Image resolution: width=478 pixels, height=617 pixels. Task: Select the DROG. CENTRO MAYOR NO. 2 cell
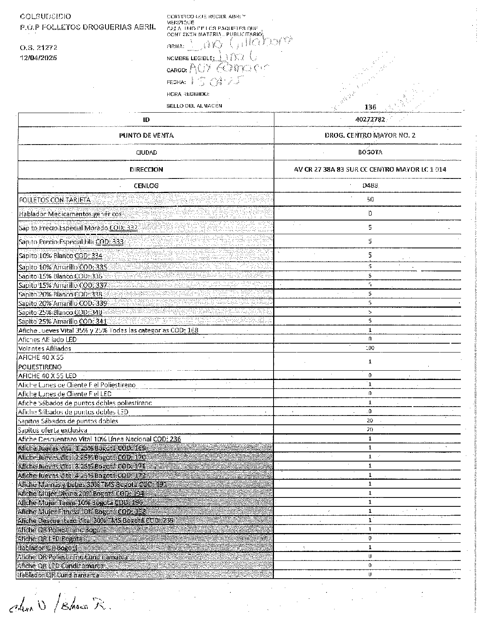pyautogui.click(x=370, y=136)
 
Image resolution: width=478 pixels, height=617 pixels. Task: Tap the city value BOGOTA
pyautogui.click(x=370, y=152)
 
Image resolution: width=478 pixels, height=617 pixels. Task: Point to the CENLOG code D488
pyautogui.click(x=370, y=185)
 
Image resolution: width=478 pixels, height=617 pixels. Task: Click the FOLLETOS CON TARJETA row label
pyautogui.click(x=55, y=200)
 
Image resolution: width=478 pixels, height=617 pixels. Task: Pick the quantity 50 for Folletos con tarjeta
pyautogui.click(x=370, y=199)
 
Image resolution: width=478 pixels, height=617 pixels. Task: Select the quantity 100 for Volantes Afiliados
pyautogui.click(x=370, y=348)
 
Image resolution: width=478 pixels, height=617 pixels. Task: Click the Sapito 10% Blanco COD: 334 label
pyautogui.click(x=60, y=256)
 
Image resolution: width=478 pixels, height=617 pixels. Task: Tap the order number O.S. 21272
pyautogui.click(x=39, y=47)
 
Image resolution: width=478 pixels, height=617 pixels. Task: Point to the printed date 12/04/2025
pyautogui.click(x=39, y=58)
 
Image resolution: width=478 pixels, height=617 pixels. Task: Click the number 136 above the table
pyautogui.click(x=370, y=107)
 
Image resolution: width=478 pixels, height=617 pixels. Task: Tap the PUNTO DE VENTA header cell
pyautogui.click(x=146, y=136)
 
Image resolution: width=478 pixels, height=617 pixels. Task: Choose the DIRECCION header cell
pyautogui.click(x=146, y=170)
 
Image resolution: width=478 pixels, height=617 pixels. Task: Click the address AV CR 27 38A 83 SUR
pyautogui.click(x=370, y=170)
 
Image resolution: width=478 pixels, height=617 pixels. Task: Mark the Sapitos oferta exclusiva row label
pyautogui.click(x=53, y=430)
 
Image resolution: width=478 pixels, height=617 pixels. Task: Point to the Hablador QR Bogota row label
pyautogui.click(x=47, y=548)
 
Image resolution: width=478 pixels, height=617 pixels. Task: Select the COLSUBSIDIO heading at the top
pyautogui.click(x=45, y=17)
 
